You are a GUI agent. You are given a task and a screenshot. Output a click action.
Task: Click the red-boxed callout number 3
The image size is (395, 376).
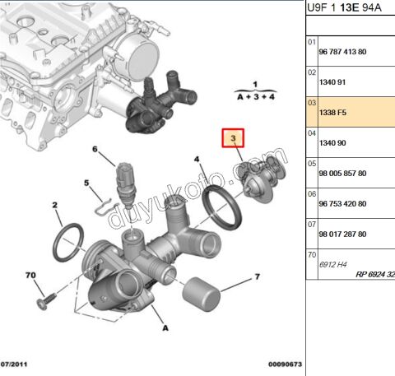click(x=234, y=138)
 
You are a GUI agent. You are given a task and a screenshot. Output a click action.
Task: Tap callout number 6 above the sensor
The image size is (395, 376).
click(x=95, y=150)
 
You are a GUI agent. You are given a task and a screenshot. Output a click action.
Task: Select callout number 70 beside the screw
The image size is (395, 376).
click(x=30, y=274)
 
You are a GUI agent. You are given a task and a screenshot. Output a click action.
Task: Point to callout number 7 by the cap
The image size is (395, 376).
click(x=256, y=276)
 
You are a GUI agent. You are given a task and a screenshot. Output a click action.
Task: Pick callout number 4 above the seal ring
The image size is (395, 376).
click(x=197, y=159)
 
